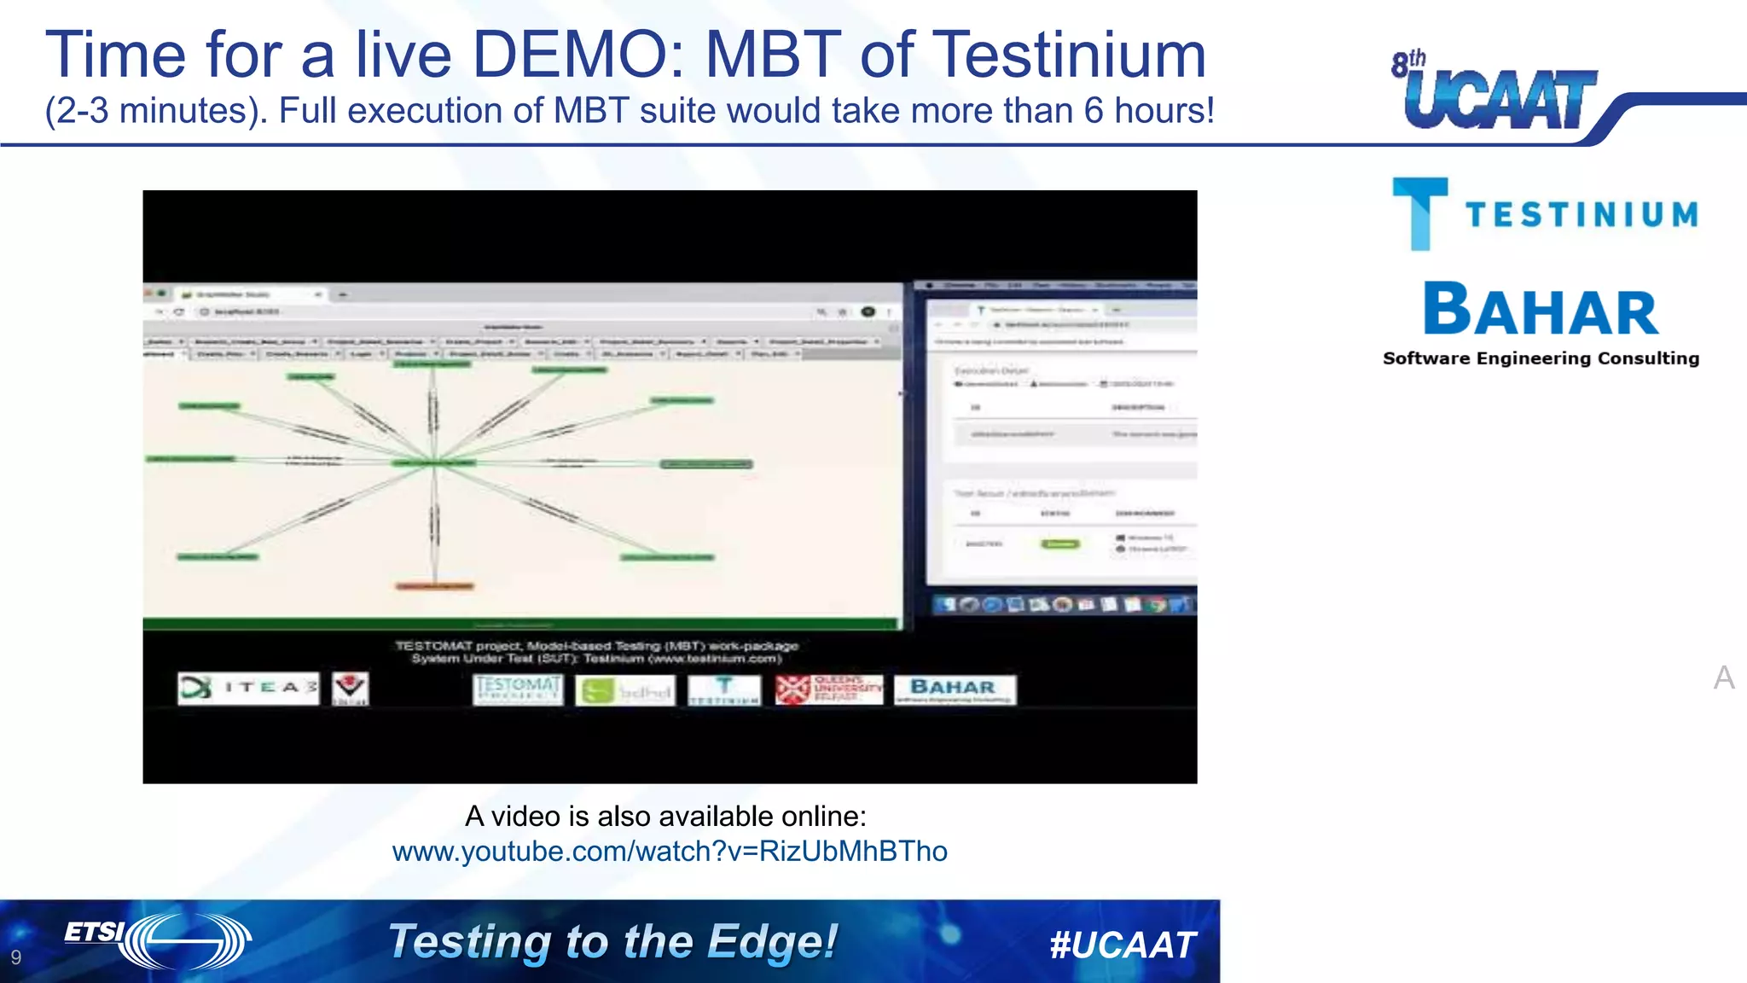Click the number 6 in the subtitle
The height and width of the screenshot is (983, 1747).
[x=1094, y=111]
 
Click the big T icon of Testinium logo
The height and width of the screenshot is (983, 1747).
[x=1419, y=213]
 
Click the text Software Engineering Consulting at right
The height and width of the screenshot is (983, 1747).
[x=1541, y=358]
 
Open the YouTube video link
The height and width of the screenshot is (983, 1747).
[x=670, y=852]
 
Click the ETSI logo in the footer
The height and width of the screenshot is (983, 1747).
[x=158, y=940]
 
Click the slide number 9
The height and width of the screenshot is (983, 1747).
[x=16, y=957]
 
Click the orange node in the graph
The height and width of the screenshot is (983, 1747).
[x=434, y=586]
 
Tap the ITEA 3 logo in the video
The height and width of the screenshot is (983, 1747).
[x=248, y=688]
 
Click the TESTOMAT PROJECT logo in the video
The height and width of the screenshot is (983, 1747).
[x=518, y=689]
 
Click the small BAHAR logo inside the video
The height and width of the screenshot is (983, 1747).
[x=955, y=689]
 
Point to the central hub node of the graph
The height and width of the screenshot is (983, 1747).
[x=434, y=463]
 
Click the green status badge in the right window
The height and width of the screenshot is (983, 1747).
[x=1060, y=544]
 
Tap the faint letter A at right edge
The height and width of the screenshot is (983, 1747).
[x=1724, y=678]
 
